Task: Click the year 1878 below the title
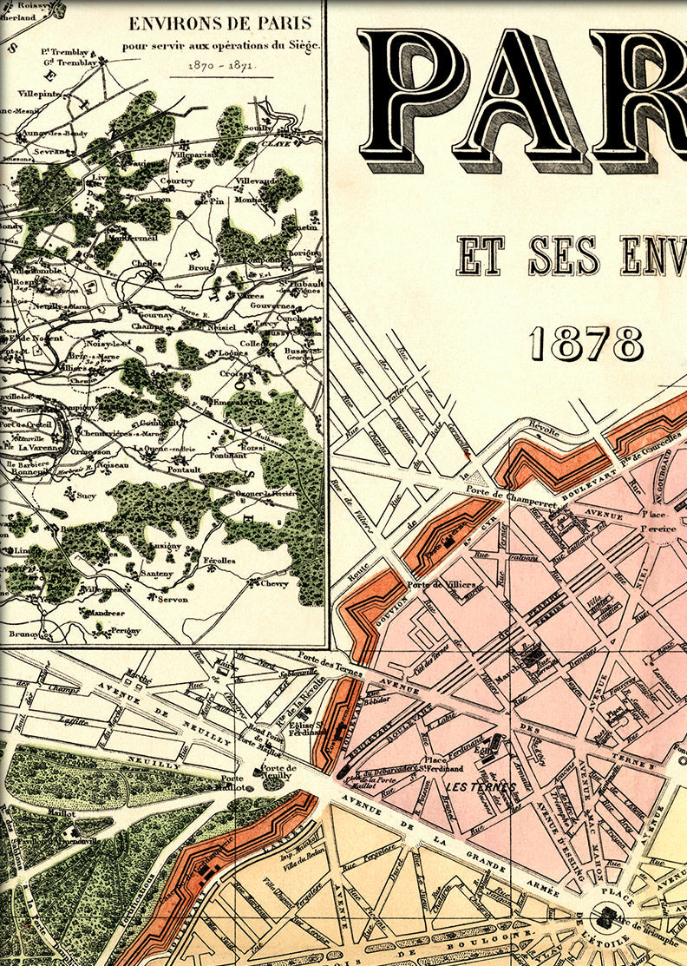[x=586, y=344]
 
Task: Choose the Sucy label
[x=86, y=496]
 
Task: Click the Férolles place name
[x=219, y=561]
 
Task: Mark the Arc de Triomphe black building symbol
[x=604, y=917]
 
